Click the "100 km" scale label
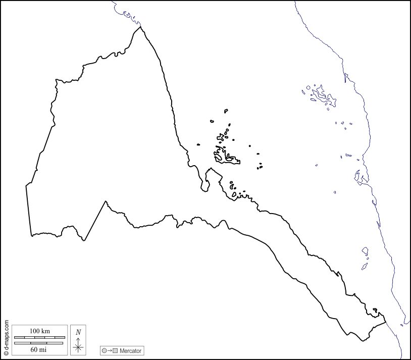39,331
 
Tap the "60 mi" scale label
39,349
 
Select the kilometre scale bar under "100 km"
39,337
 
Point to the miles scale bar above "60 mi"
39,343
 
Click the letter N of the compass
78,332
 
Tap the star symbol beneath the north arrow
78,347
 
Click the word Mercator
131,350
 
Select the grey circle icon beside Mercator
104,350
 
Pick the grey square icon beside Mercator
115,350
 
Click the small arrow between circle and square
110,350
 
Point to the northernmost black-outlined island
226,110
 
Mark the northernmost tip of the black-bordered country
140,27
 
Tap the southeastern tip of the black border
385,321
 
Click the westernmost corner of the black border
26,186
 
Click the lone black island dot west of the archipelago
198,144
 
